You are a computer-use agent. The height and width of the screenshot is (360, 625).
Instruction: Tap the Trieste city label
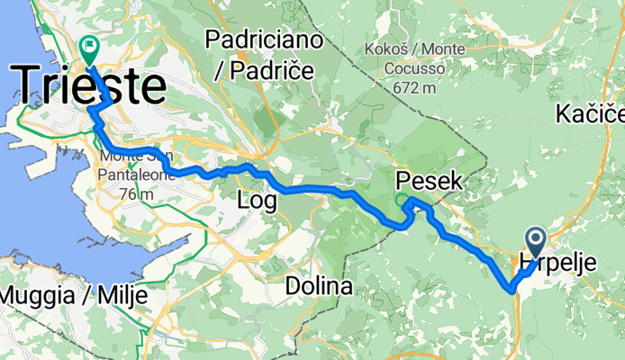pyautogui.click(x=90, y=86)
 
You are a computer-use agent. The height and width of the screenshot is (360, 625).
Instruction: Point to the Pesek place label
pyautogui.click(x=429, y=181)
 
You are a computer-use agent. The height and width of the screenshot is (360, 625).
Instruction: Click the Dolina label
pyautogui.click(x=317, y=286)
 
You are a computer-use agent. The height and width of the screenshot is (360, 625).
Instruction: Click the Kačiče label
pyautogui.click(x=590, y=113)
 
